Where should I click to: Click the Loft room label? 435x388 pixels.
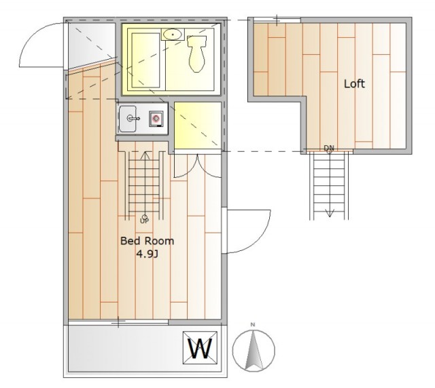(x=354, y=83)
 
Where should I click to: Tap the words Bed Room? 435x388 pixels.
(x=147, y=241)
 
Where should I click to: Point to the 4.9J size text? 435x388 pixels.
(x=147, y=254)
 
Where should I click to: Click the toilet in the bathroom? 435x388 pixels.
(x=197, y=54)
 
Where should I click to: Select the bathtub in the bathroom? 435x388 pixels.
(x=145, y=60)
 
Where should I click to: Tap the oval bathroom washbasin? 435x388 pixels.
(x=173, y=35)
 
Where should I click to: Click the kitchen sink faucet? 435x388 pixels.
(x=133, y=119)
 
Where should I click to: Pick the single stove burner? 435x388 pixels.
(x=156, y=119)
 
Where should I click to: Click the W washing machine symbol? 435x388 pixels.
(x=200, y=348)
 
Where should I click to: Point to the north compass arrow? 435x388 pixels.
(x=254, y=350)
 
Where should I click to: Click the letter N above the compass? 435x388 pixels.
(x=252, y=325)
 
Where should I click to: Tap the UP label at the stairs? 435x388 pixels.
(x=144, y=220)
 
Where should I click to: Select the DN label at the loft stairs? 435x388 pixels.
(x=329, y=148)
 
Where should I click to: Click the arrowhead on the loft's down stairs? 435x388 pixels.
(x=330, y=214)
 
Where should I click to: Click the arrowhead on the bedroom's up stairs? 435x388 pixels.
(x=145, y=155)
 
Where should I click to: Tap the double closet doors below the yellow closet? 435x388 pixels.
(x=198, y=166)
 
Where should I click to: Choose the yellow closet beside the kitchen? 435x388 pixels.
(x=198, y=125)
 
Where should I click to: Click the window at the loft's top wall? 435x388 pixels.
(x=277, y=20)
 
